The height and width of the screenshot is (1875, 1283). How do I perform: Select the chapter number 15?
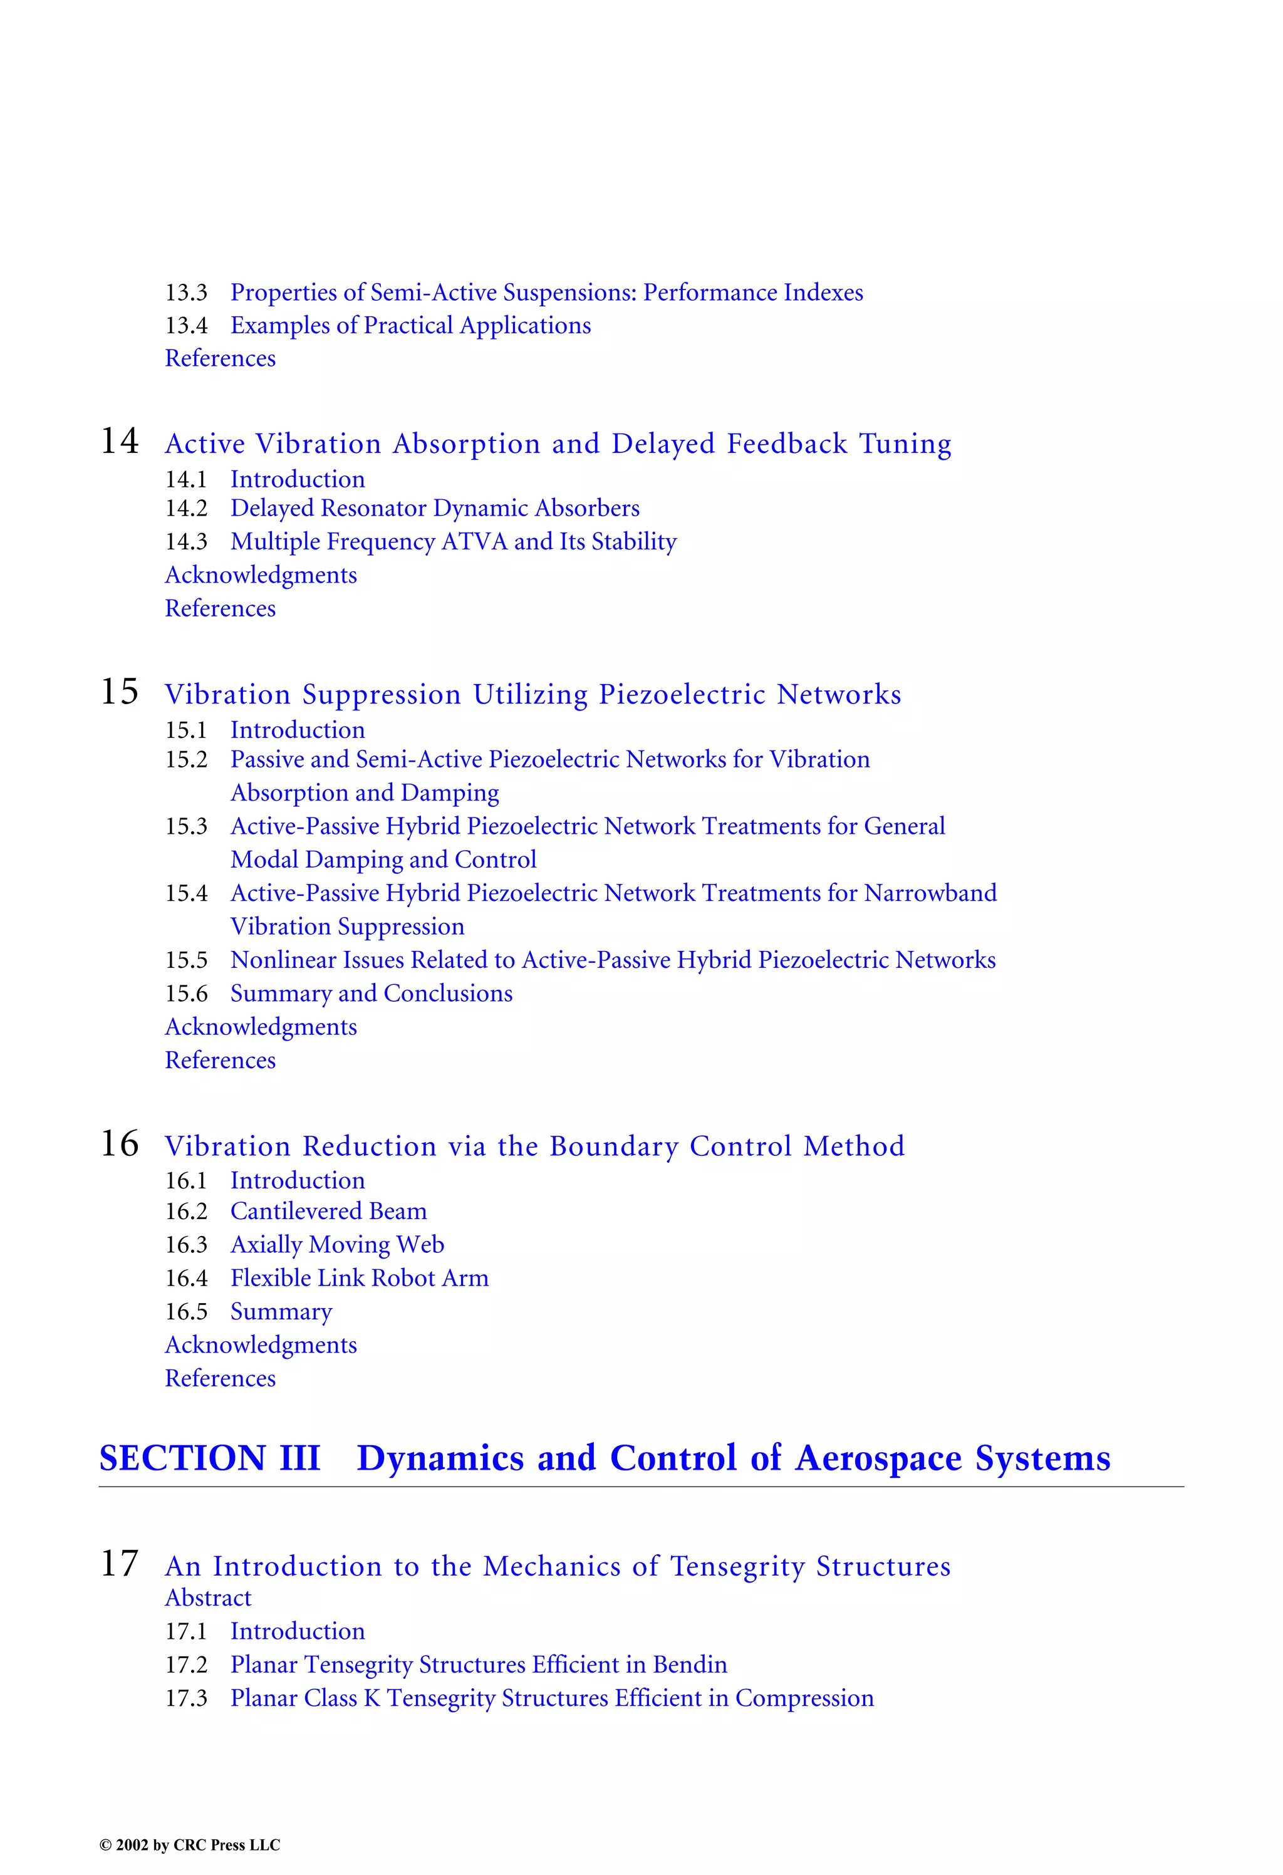pyautogui.click(x=120, y=692)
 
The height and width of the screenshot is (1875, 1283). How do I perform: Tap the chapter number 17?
pyautogui.click(x=120, y=1564)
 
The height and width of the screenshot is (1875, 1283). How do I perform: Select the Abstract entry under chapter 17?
pyautogui.click(x=208, y=1598)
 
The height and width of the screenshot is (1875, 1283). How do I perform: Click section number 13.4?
pyautogui.click(x=187, y=326)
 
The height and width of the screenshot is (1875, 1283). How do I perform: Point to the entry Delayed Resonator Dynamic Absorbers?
pyautogui.click(x=435, y=508)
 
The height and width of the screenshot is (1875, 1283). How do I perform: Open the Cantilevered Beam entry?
pyautogui.click(x=328, y=1211)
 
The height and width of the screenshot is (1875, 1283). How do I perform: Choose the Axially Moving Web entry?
pyautogui.click(x=337, y=1245)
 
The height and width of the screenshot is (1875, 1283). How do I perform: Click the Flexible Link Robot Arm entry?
pyautogui.click(x=359, y=1278)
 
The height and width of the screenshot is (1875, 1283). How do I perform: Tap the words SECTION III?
pyautogui.click(x=210, y=1458)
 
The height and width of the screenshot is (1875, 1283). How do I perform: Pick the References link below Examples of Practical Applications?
pyautogui.click(x=221, y=358)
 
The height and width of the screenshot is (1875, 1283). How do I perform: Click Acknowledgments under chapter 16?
pyautogui.click(x=261, y=1345)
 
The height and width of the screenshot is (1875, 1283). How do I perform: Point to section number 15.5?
pyautogui.click(x=187, y=960)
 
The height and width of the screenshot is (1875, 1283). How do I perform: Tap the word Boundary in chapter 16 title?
pyautogui.click(x=614, y=1146)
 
